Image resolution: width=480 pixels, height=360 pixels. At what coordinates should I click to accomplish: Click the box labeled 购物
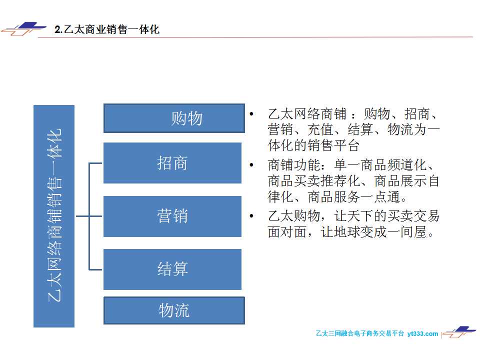click(174, 118)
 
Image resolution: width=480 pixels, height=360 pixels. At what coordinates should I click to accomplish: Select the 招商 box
click(172, 163)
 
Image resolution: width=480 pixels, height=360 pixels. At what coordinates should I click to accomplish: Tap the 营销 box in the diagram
click(172, 216)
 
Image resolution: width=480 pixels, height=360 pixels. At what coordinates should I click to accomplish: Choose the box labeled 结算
click(172, 269)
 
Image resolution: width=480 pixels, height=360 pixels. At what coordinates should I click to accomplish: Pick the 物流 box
click(174, 310)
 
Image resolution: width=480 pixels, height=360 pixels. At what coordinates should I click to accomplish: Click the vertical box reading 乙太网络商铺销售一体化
click(54, 216)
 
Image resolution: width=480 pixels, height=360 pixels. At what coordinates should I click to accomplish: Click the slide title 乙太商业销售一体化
click(111, 29)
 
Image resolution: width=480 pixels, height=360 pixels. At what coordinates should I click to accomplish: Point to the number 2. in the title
click(58, 29)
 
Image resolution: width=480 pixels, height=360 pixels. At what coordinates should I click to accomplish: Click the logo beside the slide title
click(23, 29)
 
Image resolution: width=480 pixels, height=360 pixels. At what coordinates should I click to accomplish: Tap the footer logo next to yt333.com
click(459, 332)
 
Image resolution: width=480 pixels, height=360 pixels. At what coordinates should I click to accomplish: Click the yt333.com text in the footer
click(423, 333)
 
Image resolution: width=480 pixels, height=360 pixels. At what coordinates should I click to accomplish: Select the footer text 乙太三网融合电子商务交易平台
click(359, 333)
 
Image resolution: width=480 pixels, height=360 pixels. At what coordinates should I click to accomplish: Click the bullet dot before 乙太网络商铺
click(251, 114)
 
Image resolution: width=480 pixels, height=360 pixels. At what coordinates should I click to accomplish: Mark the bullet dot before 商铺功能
click(251, 165)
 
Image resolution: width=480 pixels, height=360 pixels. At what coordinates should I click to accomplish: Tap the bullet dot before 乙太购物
click(251, 216)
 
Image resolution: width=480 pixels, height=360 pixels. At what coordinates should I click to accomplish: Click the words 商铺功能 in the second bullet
click(294, 165)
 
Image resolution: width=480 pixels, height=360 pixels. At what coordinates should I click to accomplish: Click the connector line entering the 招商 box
click(95, 163)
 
